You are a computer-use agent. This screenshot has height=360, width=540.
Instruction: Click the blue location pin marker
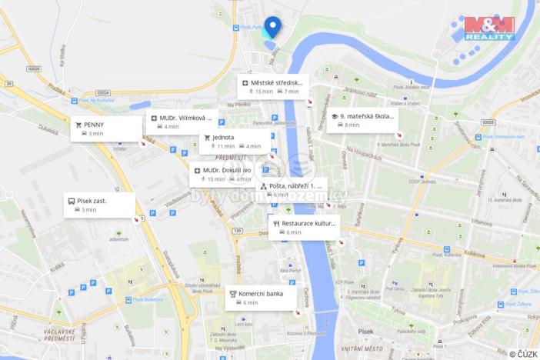point(272,27)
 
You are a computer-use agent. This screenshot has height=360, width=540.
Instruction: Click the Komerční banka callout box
point(262,298)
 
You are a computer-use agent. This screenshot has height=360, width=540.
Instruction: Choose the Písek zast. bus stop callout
point(98,205)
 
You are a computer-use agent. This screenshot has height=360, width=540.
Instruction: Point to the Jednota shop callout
point(235,141)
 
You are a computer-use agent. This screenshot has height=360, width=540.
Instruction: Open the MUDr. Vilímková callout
point(182,122)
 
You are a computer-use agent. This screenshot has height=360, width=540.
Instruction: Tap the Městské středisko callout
point(273,86)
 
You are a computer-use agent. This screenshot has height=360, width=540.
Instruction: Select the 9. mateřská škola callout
point(362,120)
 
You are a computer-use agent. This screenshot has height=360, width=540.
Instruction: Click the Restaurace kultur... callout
point(304,227)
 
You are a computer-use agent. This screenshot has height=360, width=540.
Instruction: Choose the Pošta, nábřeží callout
point(292,189)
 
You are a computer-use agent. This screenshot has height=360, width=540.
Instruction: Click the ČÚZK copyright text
point(523,354)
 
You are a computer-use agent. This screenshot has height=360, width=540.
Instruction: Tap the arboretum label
point(119,239)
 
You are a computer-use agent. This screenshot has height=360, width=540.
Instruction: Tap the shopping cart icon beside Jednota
point(207,137)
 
